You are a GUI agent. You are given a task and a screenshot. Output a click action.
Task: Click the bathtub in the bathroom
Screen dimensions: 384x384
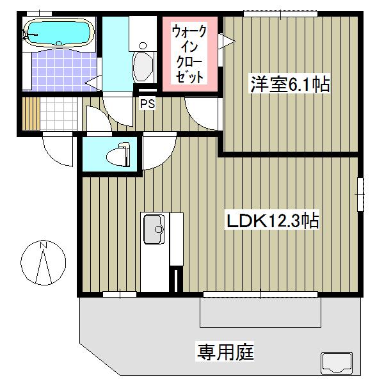(58, 32)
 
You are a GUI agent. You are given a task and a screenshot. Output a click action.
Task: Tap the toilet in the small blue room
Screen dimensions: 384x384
(118, 155)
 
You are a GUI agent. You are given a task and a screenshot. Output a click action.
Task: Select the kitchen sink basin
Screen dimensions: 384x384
(154, 229)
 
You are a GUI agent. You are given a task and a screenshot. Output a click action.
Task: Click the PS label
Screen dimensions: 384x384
(148, 102)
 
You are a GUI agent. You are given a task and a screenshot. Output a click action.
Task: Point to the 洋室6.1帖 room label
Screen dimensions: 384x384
(290, 84)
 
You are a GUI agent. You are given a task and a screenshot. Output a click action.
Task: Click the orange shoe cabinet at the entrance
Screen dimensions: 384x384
(28, 113)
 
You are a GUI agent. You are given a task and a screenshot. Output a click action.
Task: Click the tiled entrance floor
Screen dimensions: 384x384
(59, 113)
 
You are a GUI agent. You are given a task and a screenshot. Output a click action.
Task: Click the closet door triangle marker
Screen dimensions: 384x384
(225, 42)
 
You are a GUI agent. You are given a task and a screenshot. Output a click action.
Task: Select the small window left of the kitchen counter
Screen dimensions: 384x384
(119, 294)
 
